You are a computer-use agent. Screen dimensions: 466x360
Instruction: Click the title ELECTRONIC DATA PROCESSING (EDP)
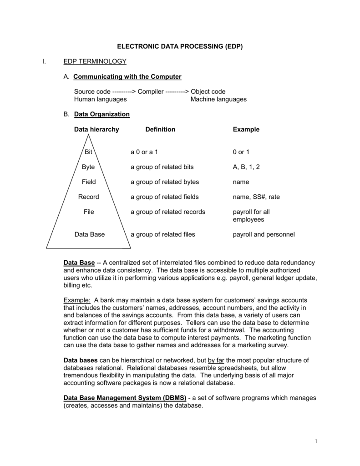(x=180, y=46)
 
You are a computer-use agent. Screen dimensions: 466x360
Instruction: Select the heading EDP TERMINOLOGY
(x=95, y=61)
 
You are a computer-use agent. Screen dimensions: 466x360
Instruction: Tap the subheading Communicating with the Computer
(x=127, y=76)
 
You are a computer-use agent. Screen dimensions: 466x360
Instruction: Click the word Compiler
(x=151, y=91)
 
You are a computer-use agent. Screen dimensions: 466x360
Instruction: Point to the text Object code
(x=208, y=91)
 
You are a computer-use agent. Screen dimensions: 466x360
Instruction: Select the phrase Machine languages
(x=218, y=99)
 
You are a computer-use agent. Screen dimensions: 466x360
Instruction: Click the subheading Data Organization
(x=101, y=114)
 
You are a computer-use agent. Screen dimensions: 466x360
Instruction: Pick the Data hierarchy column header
(x=96, y=129)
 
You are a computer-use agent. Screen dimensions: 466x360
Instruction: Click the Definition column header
(x=160, y=129)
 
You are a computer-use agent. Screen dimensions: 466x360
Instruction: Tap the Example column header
(x=246, y=129)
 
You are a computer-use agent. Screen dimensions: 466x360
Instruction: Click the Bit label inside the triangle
(x=88, y=152)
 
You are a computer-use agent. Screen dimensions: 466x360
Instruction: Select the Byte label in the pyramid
(x=88, y=167)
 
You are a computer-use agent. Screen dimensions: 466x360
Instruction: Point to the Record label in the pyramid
(x=88, y=197)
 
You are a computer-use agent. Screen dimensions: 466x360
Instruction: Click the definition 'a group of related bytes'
(x=165, y=182)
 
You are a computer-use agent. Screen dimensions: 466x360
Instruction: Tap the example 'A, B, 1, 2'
(x=246, y=167)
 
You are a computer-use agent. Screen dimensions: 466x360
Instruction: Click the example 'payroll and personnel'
(x=264, y=234)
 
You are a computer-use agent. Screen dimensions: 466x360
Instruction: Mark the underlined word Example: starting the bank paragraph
(x=77, y=300)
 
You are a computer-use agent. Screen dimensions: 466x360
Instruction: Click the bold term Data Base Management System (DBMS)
(x=125, y=398)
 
